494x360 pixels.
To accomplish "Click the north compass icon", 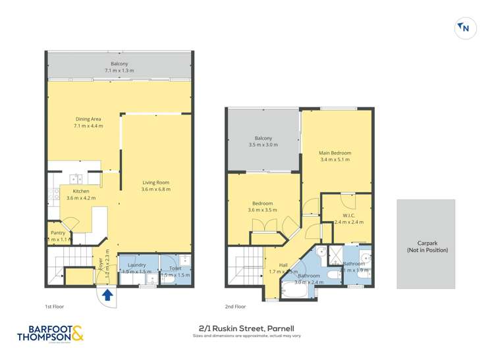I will [x=465, y=28].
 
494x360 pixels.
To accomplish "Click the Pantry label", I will [x=58, y=232].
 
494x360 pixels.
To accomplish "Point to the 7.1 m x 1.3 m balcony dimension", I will [x=119, y=70].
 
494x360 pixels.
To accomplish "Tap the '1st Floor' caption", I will [x=55, y=307].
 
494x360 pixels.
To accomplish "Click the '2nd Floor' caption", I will [x=236, y=307].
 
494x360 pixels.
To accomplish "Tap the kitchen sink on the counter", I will [x=76, y=178].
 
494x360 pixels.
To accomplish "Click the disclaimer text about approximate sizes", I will [x=246, y=336].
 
